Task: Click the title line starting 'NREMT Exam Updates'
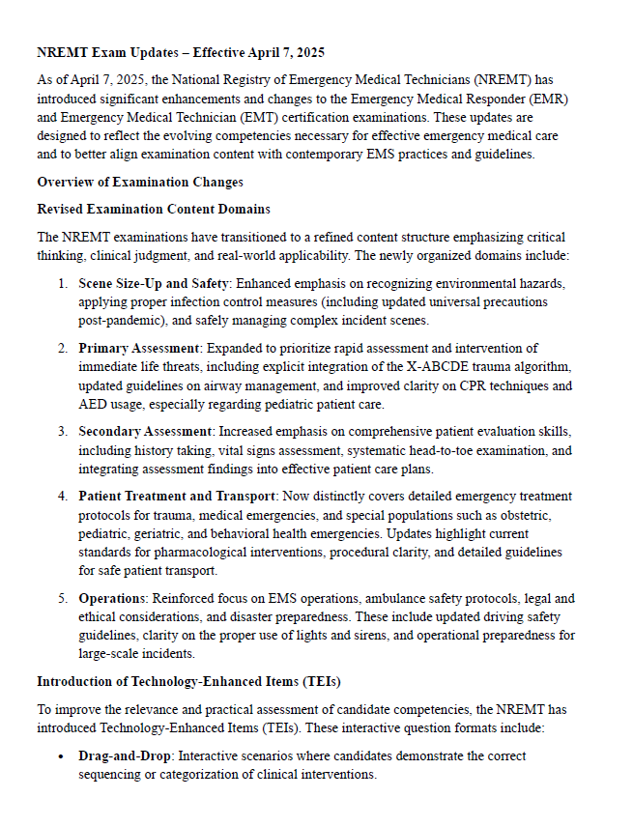click(187, 52)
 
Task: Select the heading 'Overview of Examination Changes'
click(139, 182)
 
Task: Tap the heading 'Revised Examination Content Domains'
click(153, 209)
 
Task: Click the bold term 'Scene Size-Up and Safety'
click(154, 283)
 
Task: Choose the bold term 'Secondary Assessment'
click(146, 432)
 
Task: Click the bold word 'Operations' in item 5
click(112, 598)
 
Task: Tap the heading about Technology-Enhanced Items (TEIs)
click(187, 682)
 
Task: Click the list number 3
click(61, 432)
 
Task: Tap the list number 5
click(61, 598)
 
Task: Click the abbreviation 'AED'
click(94, 405)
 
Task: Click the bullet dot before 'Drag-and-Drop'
click(61, 756)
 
